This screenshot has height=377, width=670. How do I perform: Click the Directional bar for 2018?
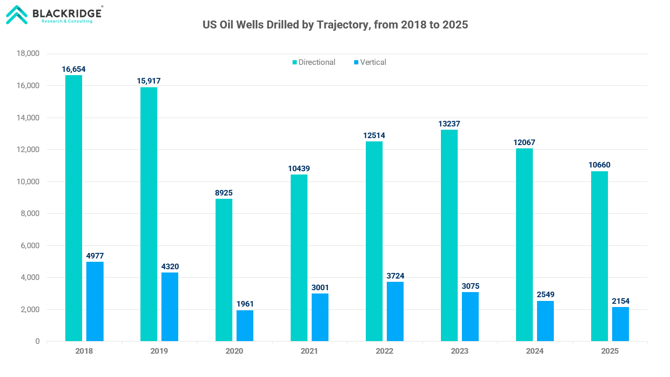point(74,208)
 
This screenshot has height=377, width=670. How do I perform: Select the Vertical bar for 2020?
point(245,326)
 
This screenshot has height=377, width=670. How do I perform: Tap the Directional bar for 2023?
point(449,235)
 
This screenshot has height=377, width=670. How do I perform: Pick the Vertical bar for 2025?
point(621,324)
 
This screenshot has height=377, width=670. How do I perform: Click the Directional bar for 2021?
point(299,258)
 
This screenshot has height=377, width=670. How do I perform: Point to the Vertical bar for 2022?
point(395,311)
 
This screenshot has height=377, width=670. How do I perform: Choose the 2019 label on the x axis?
point(159,351)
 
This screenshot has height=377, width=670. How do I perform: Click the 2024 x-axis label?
point(535,351)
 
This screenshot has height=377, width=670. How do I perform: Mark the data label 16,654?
point(74,70)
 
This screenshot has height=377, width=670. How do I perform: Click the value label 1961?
point(245,304)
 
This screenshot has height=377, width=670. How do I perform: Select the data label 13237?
point(449,124)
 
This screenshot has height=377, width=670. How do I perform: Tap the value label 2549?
point(545,295)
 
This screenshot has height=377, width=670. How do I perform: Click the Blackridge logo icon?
point(17,14)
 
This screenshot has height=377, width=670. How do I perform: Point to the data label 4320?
point(170,267)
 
